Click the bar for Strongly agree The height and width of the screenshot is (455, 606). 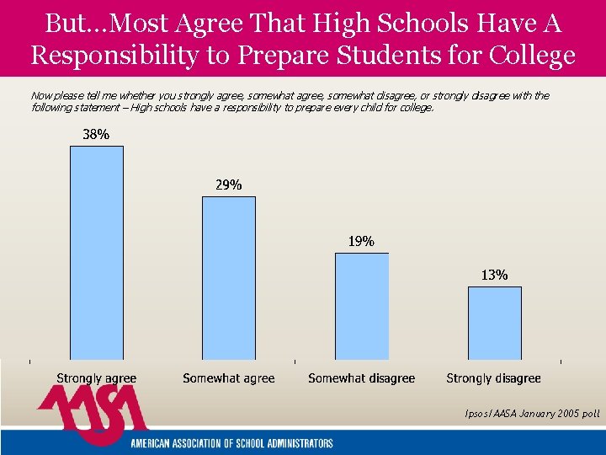[x=96, y=253]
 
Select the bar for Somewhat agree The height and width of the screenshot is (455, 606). [x=228, y=278]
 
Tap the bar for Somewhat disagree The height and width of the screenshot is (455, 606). [x=361, y=306]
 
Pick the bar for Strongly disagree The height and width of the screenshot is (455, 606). [x=494, y=323]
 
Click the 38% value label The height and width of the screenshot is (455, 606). [x=95, y=134]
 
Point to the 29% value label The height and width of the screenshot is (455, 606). [x=228, y=185]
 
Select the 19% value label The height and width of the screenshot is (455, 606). [x=361, y=241]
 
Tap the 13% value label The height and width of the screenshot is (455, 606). [x=494, y=275]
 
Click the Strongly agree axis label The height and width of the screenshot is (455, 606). [x=96, y=378]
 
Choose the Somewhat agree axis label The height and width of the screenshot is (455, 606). [x=229, y=378]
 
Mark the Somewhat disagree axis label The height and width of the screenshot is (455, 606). [x=361, y=378]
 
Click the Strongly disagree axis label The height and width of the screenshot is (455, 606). [x=493, y=378]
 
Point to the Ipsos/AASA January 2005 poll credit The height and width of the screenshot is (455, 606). [x=532, y=414]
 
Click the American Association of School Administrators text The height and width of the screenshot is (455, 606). [x=231, y=443]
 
